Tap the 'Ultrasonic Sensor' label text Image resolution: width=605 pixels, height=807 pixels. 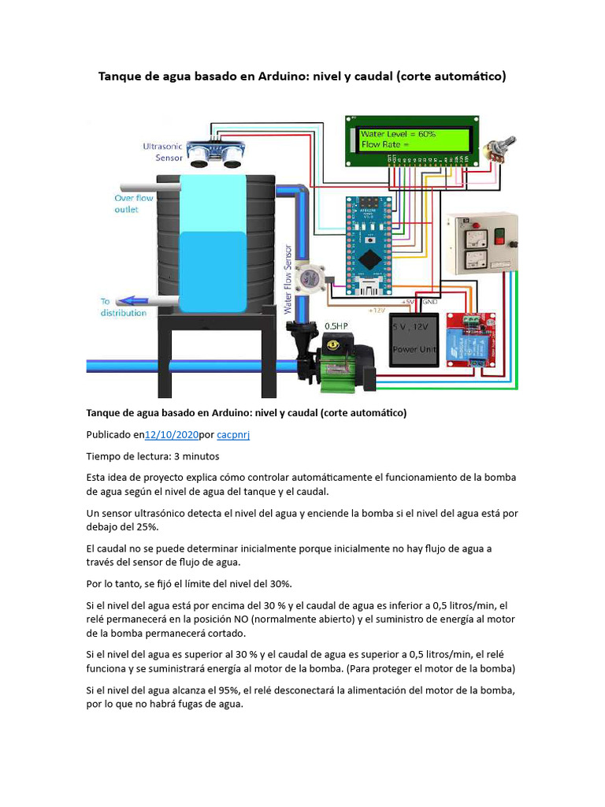tap(161, 151)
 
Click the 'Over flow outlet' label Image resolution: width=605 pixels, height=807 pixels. tap(134, 204)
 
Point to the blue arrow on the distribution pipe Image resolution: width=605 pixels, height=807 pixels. tap(130, 300)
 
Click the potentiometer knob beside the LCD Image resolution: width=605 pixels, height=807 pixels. tap(498, 147)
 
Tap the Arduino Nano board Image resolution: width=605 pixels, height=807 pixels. tap(369, 244)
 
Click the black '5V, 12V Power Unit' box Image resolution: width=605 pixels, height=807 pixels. tap(414, 339)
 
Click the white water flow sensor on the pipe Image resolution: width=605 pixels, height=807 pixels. tap(315, 277)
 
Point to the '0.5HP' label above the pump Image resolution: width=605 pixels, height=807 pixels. tap(336, 325)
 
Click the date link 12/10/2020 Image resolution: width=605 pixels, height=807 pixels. tap(172, 434)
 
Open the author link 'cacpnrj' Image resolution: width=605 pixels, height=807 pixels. tap(233, 434)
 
